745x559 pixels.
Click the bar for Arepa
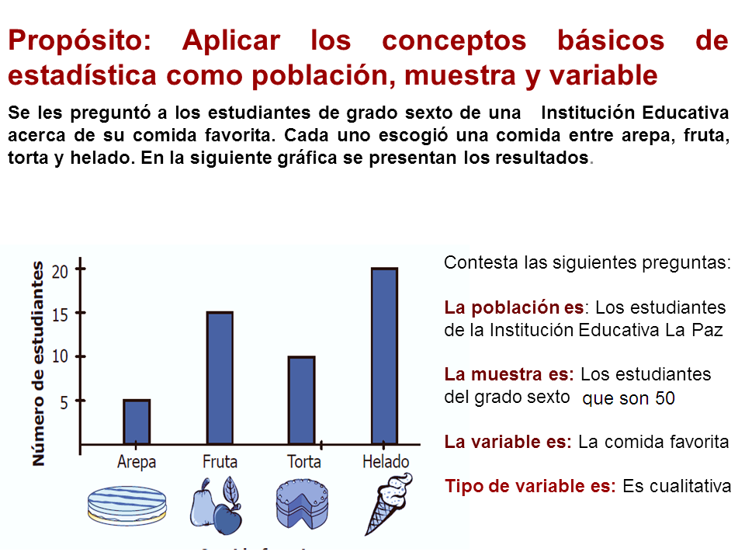[x=137, y=422]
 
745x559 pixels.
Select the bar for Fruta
[x=220, y=378]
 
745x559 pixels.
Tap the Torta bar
[x=301, y=400]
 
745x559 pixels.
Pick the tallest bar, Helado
[x=384, y=356]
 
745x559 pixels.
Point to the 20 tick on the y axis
[x=61, y=271]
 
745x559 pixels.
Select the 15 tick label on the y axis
[x=61, y=314]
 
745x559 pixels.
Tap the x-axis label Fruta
[x=220, y=461]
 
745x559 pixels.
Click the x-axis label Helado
[x=386, y=461]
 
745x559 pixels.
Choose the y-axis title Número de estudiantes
[x=38, y=363]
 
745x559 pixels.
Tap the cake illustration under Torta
[x=302, y=505]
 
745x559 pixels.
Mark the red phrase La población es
[x=514, y=307]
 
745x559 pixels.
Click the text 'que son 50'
[x=629, y=399]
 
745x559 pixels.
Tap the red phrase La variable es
[x=508, y=442]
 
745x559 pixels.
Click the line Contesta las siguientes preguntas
[x=587, y=262]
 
